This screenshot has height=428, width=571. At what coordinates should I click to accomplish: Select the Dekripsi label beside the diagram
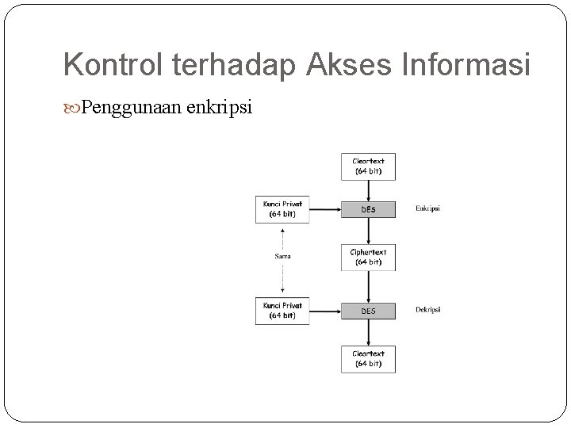427,310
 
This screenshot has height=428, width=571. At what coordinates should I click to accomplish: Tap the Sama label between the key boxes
282,256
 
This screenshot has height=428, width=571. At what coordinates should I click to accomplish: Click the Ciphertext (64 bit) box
368,257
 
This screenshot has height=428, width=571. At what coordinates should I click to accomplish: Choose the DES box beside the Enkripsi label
368,209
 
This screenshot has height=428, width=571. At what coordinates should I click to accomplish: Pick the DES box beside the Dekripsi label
368,311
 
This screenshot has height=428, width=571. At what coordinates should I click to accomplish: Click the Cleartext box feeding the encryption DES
368,166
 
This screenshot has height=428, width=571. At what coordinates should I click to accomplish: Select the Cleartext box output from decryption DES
368,359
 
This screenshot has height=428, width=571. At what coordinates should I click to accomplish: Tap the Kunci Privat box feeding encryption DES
282,209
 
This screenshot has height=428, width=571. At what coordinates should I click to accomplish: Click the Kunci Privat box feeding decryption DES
282,311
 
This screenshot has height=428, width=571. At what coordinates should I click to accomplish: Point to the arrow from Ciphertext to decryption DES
368,286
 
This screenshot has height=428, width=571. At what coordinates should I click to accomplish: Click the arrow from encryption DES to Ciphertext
368,231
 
